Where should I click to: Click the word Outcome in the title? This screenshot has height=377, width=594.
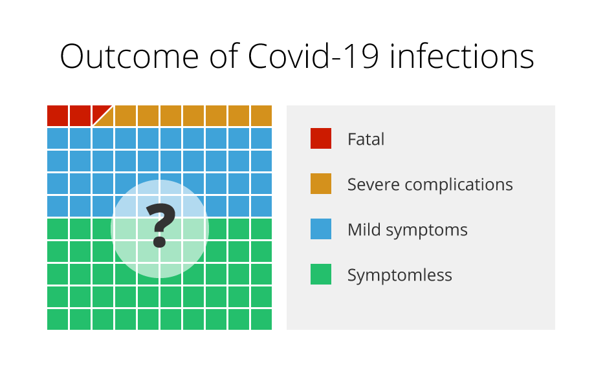[x=129, y=56]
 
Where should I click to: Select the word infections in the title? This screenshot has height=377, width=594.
[x=462, y=56]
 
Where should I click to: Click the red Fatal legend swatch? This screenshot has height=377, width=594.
[x=321, y=138]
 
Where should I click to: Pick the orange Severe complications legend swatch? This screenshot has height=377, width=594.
[x=321, y=184]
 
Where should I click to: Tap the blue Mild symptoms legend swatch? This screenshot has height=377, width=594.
[x=321, y=229]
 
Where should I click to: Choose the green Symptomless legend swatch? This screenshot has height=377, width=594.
[x=321, y=274]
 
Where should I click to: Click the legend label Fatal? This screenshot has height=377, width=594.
[x=366, y=139]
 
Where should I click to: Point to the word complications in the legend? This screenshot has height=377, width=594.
[x=459, y=185]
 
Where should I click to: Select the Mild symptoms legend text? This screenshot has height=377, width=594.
[x=408, y=230]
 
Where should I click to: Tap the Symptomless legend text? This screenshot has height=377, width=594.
[x=400, y=275]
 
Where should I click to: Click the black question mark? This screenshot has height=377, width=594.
[x=160, y=226]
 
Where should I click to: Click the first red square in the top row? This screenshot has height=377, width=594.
[x=58, y=116]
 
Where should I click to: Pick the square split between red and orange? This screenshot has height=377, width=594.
[x=103, y=116]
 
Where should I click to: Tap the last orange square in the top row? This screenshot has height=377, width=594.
[x=261, y=116]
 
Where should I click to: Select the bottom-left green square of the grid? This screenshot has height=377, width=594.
[x=58, y=319]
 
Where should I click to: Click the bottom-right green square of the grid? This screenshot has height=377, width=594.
[x=261, y=319]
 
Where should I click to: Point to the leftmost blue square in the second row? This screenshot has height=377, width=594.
[x=58, y=138]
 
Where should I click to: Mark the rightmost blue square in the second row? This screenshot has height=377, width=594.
[x=261, y=138]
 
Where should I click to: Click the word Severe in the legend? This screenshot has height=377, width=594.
[x=373, y=184]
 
